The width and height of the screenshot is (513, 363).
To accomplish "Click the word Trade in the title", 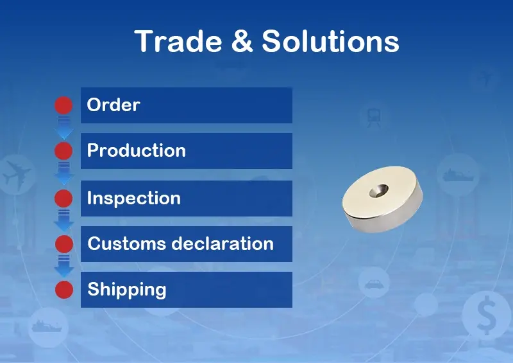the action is (x=178, y=41).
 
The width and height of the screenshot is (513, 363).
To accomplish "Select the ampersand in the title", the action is (x=242, y=41).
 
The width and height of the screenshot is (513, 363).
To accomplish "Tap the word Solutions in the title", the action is (x=330, y=41).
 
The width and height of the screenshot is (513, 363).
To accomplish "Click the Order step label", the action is (x=114, y=105).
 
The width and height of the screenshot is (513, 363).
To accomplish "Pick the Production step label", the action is (x=137, y=150).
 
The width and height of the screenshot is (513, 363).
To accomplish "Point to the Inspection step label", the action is (x=134, y=198).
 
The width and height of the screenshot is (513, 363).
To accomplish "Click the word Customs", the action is (x=126, y=243).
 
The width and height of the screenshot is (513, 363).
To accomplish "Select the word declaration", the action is (x=223, y=243).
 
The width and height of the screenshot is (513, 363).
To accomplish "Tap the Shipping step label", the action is (x=127, y=290).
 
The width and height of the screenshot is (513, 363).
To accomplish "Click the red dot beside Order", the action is (x=63, y=105).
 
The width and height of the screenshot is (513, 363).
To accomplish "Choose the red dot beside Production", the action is (x=63, y=151).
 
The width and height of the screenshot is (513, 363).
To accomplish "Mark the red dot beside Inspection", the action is (x=63, y=199).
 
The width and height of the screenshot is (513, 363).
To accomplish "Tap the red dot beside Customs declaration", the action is (x=64, y=244).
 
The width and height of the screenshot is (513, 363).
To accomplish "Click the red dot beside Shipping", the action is (x=64, y=290).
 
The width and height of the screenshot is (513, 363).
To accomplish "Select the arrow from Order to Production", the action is (x=64, y=128).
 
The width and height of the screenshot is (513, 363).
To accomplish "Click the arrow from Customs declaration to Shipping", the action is (x=64, y=266).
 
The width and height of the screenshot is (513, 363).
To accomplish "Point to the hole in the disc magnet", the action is (x=379, y=191).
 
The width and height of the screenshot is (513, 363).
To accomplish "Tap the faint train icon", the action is (x=373, y=118).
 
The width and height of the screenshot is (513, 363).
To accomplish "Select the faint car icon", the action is (x=374, y=283).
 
